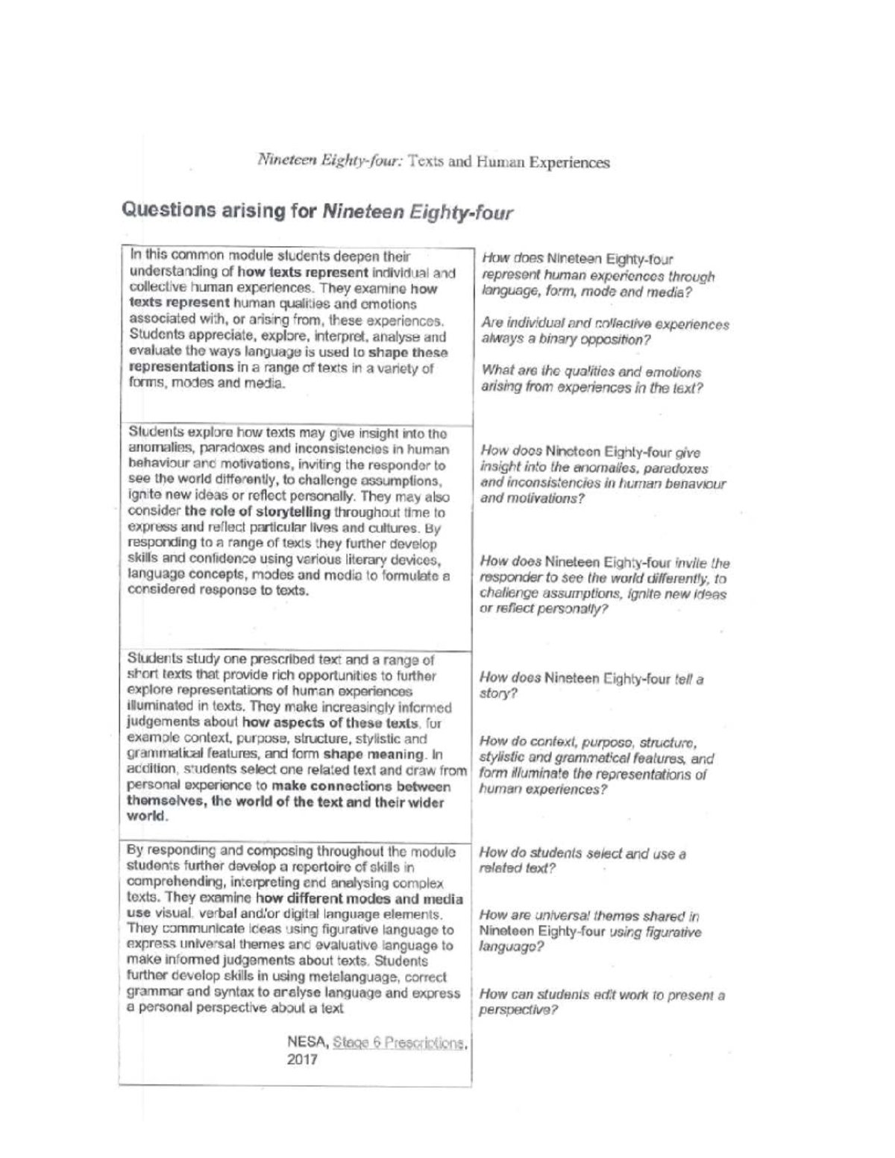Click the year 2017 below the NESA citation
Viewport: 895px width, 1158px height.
click(x=302, y=1060)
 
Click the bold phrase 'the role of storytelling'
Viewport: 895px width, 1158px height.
click(x=257, y=512)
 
